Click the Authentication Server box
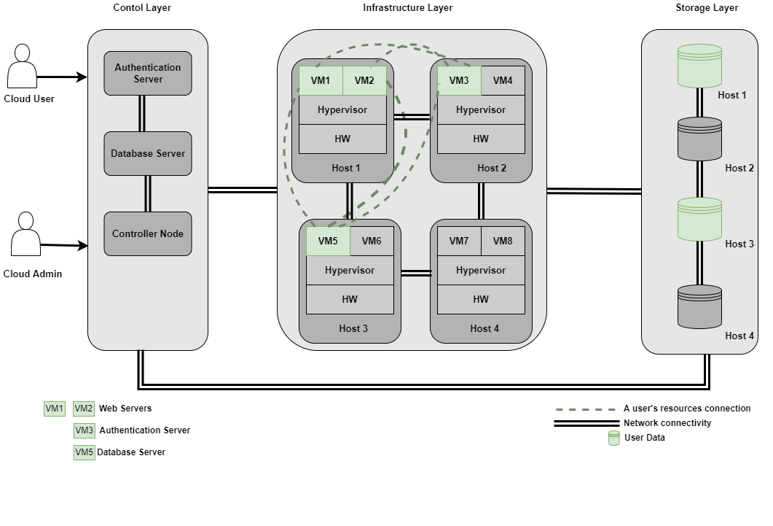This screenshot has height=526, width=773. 148,73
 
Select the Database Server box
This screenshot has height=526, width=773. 148,153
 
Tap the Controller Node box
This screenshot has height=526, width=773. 148,233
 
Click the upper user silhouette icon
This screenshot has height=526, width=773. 22,66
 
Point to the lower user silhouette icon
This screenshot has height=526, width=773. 25,234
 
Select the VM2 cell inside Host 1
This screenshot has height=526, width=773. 364,81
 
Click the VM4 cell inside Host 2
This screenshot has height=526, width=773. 503,81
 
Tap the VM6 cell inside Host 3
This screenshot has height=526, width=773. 372,241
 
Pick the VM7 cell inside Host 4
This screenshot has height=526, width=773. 459,241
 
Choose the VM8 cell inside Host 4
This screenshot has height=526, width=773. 503,241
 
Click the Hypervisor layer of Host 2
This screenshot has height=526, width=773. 481,110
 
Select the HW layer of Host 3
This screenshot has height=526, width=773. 350,299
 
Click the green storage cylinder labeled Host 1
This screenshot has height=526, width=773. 699,66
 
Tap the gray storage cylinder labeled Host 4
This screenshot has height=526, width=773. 699,306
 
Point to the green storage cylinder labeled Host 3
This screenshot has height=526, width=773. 699,219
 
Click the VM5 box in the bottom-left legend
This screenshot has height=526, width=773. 85,452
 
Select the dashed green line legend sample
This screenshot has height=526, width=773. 586,410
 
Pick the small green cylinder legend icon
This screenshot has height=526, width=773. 614,438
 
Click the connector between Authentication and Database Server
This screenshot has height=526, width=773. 142,113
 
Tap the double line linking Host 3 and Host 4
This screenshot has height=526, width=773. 415,273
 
